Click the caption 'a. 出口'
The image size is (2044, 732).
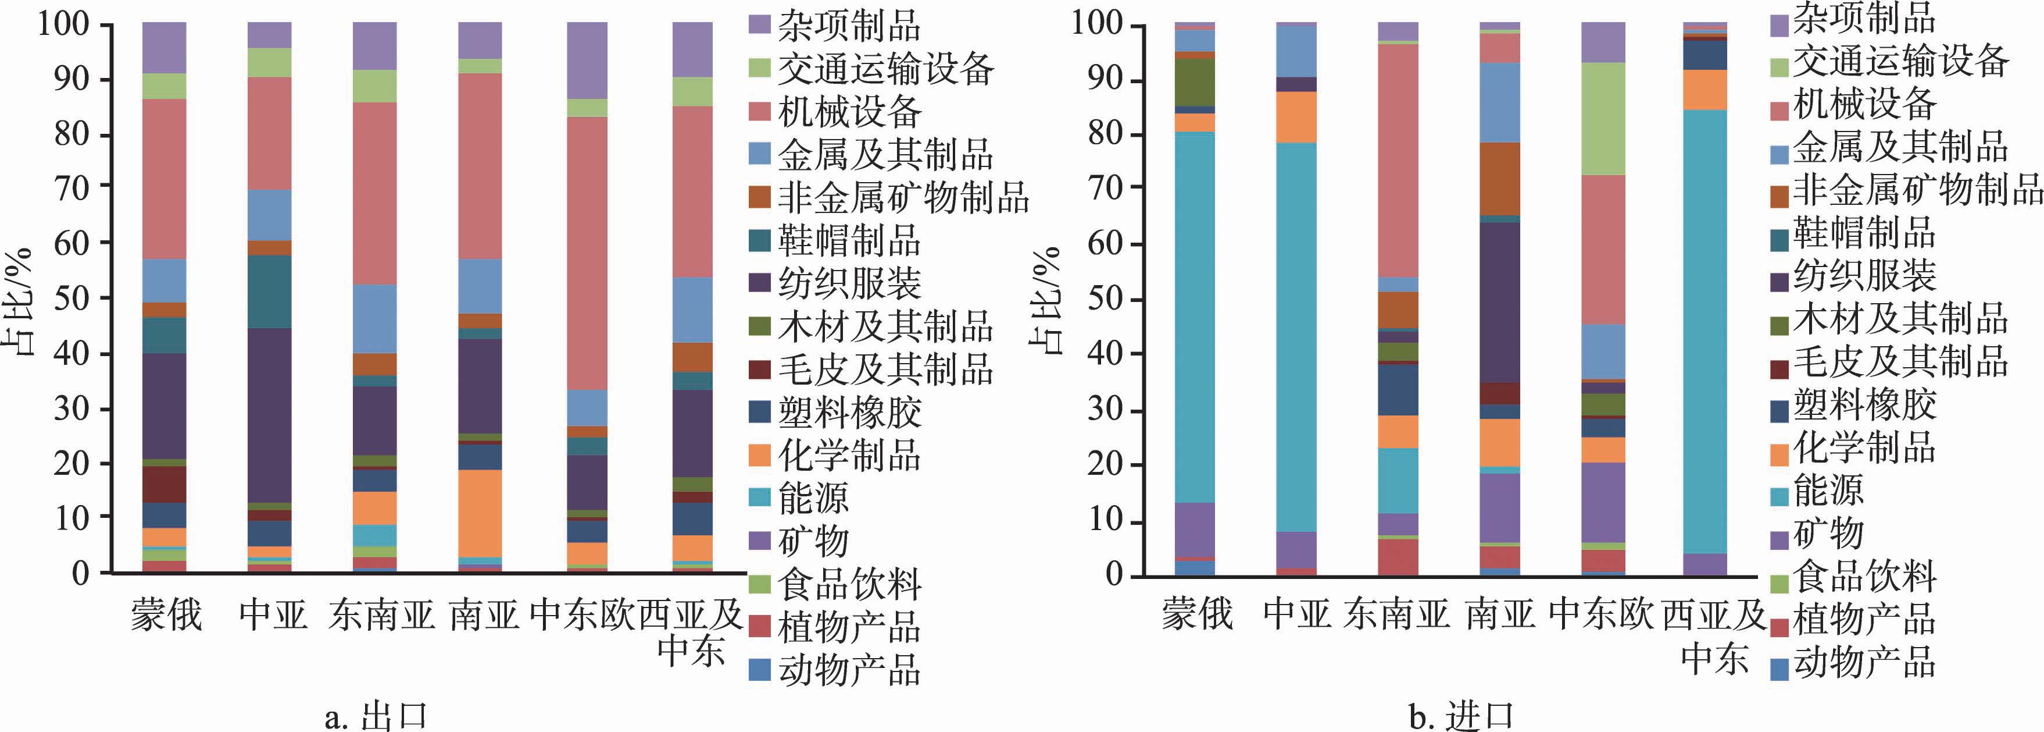376,716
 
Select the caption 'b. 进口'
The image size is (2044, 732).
1461,716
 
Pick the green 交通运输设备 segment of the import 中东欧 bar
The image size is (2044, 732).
1603,119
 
